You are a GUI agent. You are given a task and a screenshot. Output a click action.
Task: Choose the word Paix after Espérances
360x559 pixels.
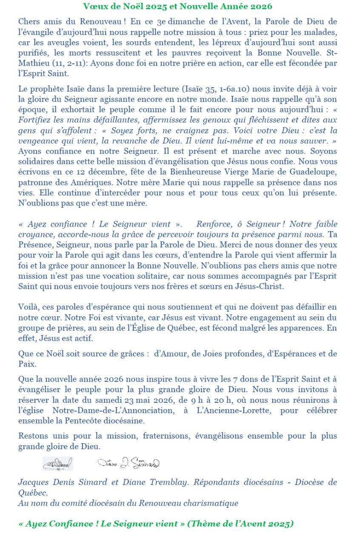27,364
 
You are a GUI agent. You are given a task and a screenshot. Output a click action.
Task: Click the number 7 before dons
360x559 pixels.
236,379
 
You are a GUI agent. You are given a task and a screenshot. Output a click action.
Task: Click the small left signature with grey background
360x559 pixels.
57,463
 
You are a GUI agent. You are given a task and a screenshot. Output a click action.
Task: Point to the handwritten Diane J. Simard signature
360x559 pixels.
129,463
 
